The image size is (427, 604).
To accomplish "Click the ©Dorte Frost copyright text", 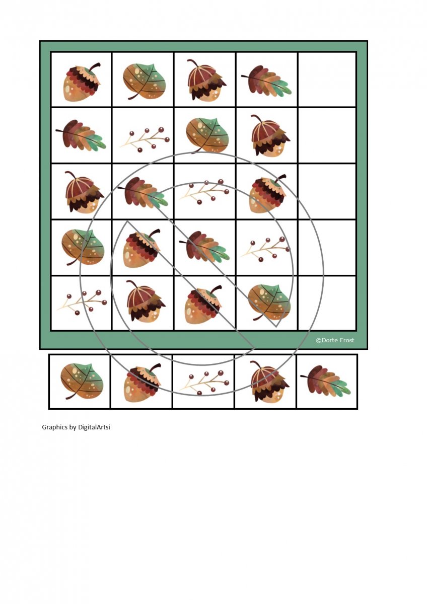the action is [x=335, y=340].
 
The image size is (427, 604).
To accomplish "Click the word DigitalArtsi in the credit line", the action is [x=94, y=427].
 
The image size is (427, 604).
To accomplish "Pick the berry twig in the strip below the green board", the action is [x=204, y=383].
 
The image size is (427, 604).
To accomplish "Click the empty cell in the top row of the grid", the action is [x=327, y=80].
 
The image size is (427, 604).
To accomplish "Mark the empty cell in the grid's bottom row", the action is [x=327, y=303].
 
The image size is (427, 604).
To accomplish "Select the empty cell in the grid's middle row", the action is [x=327, y=191].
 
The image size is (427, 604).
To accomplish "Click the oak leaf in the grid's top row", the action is [x=266, y=81].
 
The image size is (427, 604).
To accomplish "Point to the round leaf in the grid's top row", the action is [x=144, y=82].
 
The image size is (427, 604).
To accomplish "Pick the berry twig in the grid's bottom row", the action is [x=82, y=303].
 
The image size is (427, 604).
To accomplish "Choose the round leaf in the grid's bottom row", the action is [x=269, y=302].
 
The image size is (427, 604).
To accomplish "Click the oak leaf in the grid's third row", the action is [x=143, y=192].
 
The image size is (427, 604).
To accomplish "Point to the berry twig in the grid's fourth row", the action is [x=265, y=249].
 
